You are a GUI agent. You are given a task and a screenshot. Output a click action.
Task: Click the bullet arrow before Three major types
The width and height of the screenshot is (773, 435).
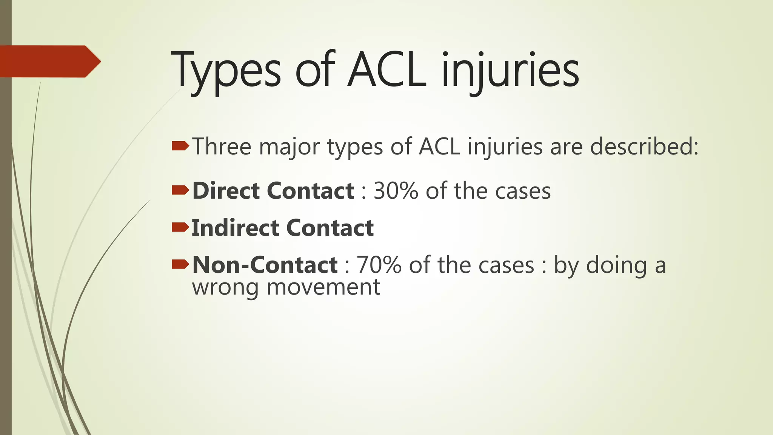[180, 146]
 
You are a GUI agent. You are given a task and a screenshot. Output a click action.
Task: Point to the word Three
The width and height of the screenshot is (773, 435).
[222, 147]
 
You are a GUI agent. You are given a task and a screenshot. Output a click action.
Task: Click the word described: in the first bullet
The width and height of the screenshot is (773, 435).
[644, 147]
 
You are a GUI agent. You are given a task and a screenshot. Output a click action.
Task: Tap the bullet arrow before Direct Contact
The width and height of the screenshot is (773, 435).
[180, 190]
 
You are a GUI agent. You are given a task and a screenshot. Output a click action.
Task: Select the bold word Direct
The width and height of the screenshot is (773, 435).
[226, 191]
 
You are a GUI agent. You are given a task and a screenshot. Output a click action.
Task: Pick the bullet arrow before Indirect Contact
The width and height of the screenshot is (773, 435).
[180, 227]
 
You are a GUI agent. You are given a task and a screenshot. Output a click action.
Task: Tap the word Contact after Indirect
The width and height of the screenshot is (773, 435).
[330, 228]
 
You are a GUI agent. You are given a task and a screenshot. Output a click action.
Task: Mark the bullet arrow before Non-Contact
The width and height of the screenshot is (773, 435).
[180, 264]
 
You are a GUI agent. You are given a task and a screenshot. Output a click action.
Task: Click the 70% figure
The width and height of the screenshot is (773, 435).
[379, 265]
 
